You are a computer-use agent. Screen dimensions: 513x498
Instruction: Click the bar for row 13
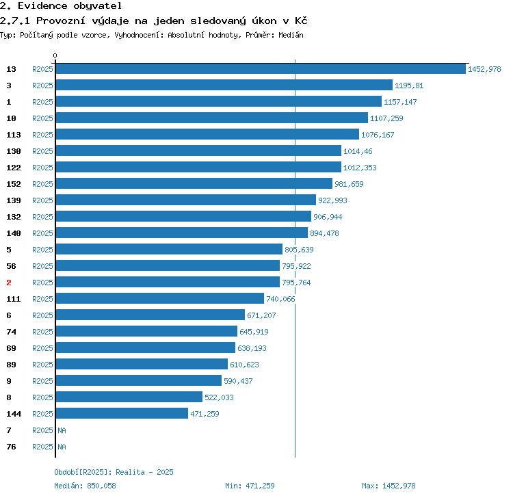261,68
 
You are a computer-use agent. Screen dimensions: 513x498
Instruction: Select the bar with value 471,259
122,413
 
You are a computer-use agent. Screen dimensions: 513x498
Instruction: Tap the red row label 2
9,283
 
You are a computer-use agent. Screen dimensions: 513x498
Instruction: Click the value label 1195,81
409,86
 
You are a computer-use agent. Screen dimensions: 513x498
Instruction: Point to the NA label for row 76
62,447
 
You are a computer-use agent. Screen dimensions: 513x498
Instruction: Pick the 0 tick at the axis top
55,55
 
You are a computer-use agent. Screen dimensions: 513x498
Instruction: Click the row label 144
14,414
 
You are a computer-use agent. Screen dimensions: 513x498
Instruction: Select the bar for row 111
160,298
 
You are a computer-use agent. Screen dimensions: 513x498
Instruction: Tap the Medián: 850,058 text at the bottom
85,486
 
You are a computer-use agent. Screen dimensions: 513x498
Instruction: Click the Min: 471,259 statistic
250,486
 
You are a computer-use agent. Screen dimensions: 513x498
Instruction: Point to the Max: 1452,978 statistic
389,486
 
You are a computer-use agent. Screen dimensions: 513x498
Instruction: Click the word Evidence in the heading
42,6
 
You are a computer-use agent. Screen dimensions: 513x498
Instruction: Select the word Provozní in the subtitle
60,21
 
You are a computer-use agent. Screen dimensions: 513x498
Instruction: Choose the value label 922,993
332,200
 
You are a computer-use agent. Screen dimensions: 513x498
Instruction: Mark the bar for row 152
194,183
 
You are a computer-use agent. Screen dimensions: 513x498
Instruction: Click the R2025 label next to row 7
42,430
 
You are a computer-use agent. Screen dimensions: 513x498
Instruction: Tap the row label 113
14,135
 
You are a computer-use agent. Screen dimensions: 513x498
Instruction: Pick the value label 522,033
219,397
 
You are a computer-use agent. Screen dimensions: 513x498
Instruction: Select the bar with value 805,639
169,249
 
